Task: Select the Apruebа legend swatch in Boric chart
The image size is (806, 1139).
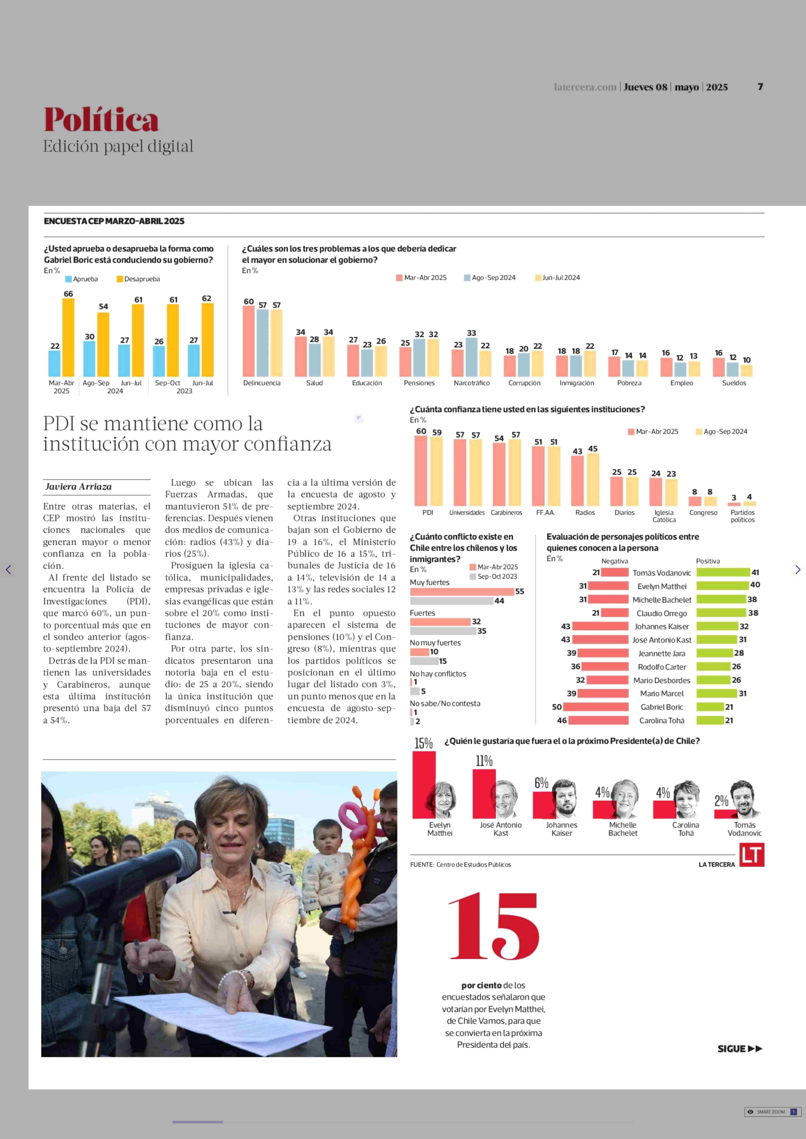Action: [68, 279]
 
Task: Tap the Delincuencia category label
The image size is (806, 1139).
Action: [261, 383]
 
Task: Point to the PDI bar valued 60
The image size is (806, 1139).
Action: [421, 470]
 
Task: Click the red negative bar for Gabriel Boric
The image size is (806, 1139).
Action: [596, 707]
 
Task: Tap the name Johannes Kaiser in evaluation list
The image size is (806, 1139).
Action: [661, 626]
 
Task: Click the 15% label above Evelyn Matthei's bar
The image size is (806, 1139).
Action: [423, 743]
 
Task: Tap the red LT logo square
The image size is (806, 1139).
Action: [751, 855]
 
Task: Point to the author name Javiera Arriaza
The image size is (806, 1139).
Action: [78, 486]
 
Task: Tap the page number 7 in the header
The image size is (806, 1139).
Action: [760, 87]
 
